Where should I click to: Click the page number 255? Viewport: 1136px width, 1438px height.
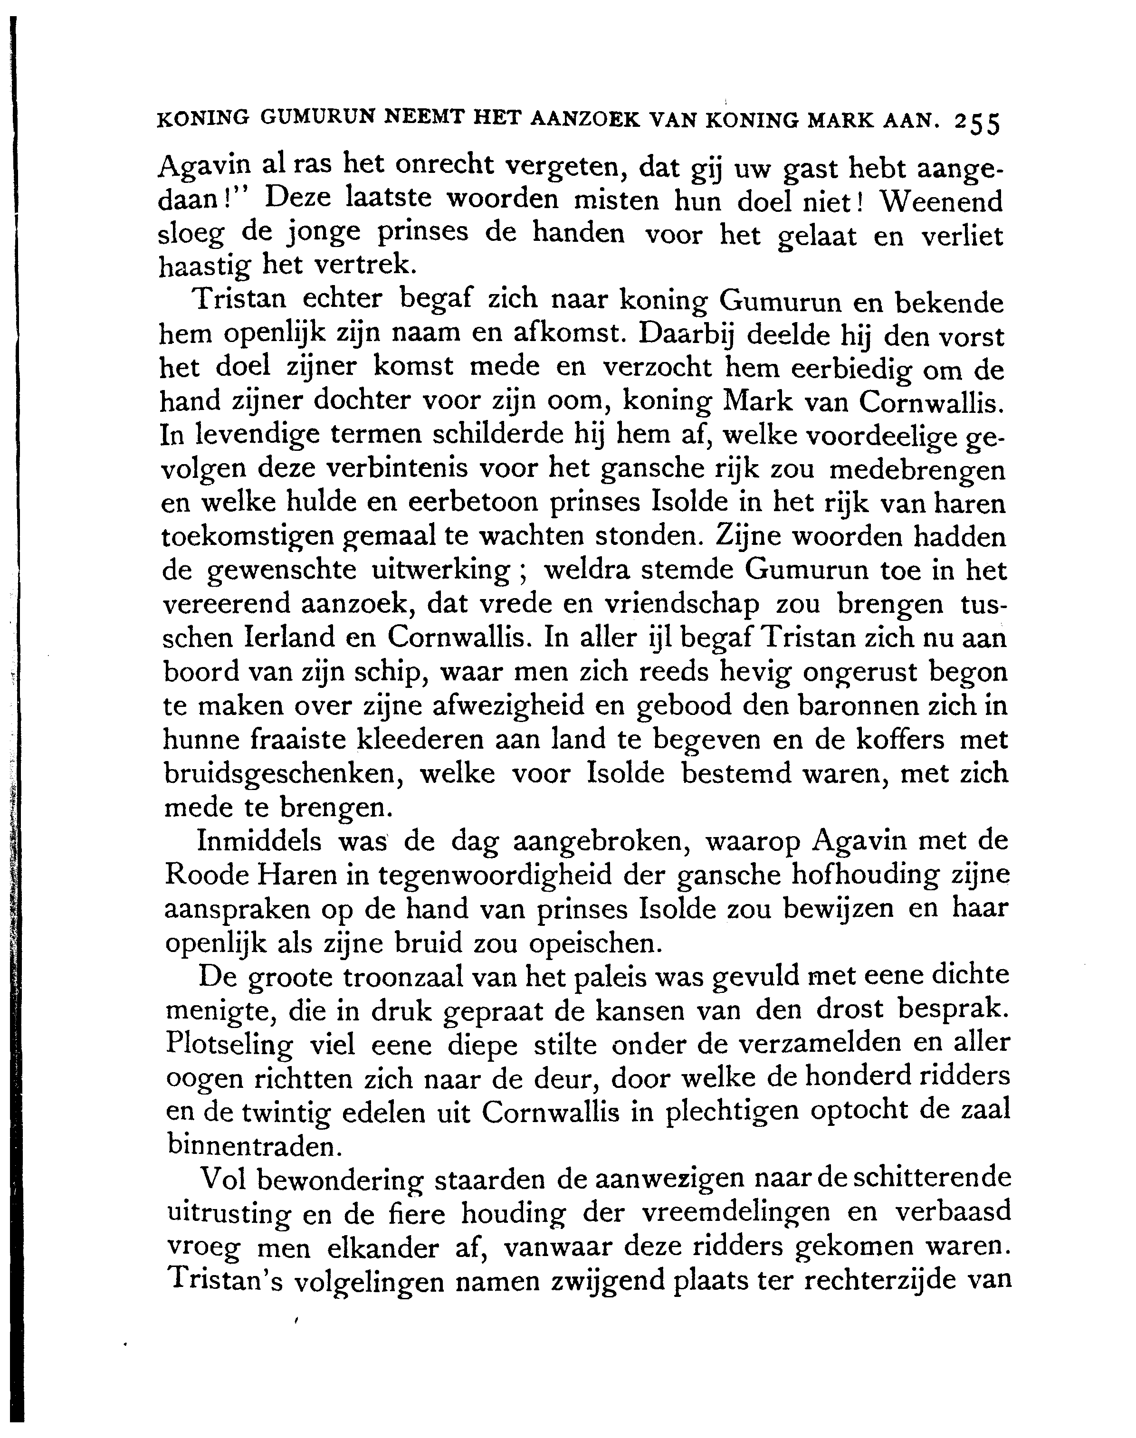[977, 124]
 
